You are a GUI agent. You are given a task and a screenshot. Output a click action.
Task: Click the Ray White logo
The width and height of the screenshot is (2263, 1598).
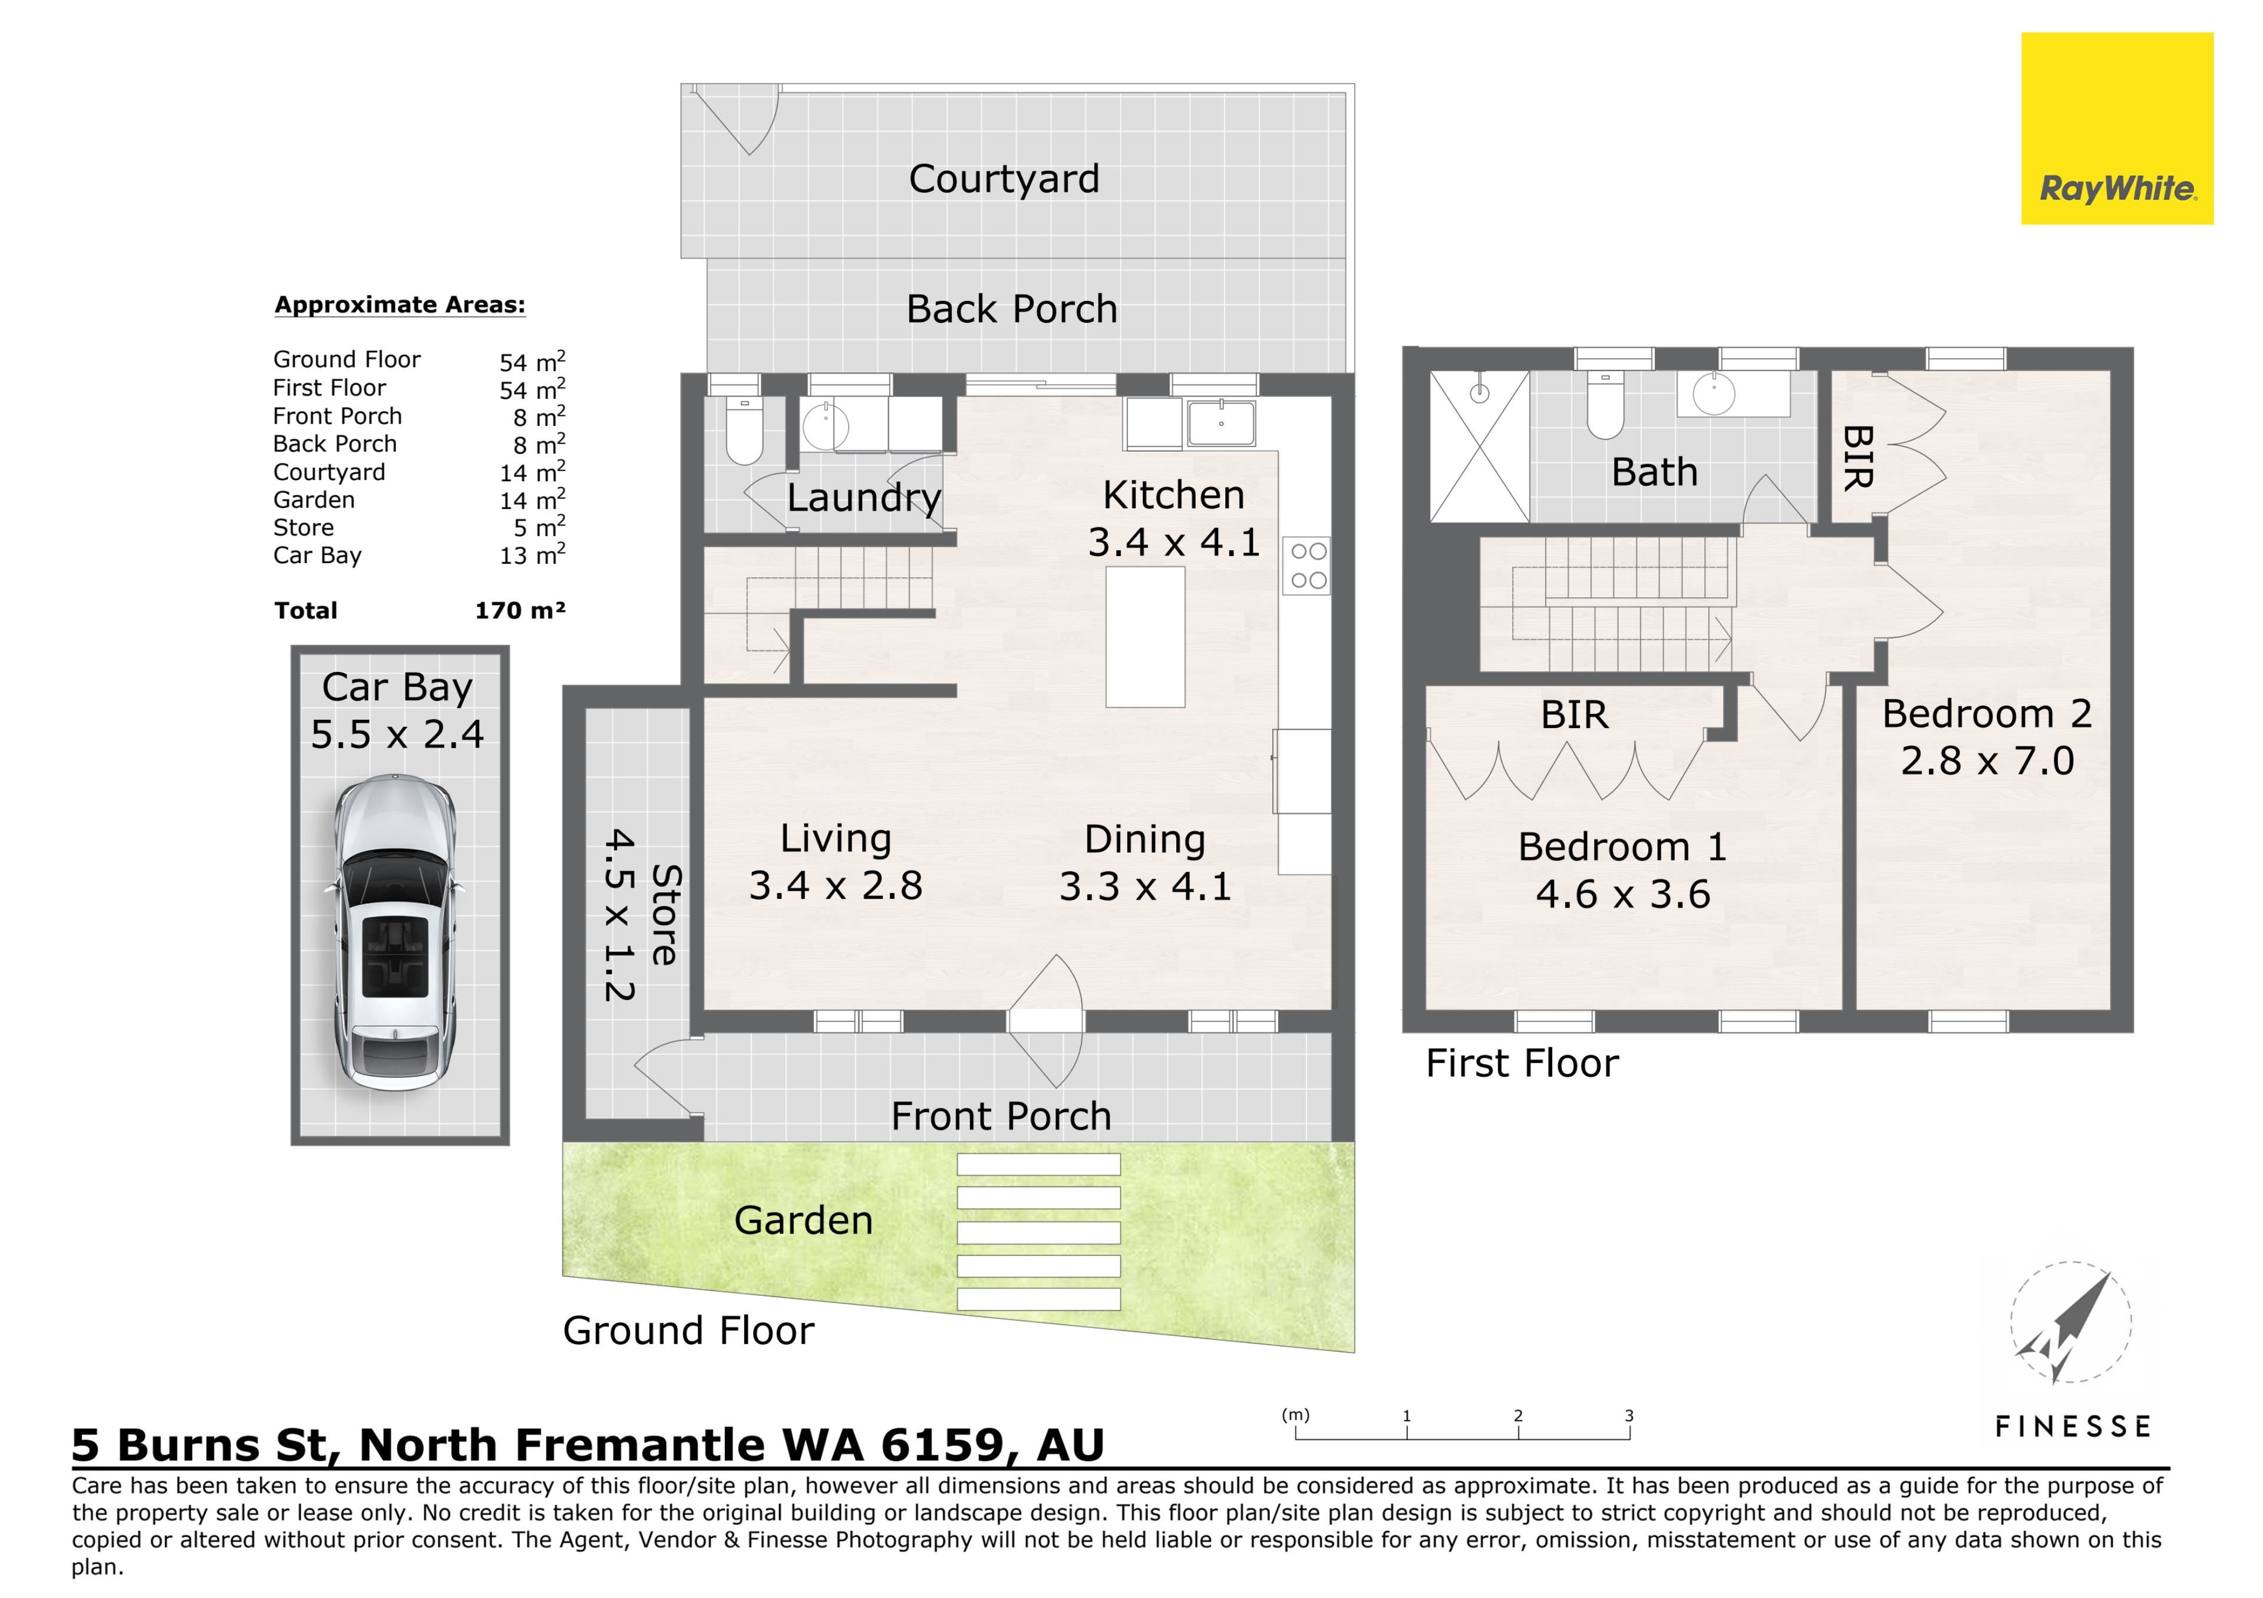click(x=2117, y=129)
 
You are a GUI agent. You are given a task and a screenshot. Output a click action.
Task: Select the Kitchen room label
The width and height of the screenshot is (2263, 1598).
click(x=1173, y=495)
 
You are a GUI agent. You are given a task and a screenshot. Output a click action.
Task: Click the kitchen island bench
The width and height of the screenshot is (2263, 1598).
click(x=1145, y=637)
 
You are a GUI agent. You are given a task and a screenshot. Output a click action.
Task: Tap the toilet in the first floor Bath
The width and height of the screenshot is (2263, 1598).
click(x=1605, y=405)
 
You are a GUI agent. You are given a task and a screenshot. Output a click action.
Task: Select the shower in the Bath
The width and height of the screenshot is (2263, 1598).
click(x=1479, y=446)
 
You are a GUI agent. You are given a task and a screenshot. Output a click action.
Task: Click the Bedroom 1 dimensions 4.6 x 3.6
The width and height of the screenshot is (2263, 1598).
click(x=1622, y=895)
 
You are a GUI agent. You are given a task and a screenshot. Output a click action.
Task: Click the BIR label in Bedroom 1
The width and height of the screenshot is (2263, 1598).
click(x=1574, y=714)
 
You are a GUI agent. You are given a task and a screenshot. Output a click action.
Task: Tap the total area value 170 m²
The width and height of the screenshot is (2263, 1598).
click(x=519, y=611)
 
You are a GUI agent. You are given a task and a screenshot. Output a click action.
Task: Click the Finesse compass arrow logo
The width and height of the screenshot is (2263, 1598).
click(x=2071, y=1323)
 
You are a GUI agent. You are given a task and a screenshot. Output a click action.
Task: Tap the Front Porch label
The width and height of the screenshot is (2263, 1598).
click(x=1001, y=1116)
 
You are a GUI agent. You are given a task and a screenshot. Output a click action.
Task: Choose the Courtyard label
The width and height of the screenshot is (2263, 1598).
click(x=1004, y=179)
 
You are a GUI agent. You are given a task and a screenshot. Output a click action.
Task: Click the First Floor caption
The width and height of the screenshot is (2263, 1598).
click(x=1522, y=1063)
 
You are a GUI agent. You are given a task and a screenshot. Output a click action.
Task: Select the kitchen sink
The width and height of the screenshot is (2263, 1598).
click(x=1221, y=424)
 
